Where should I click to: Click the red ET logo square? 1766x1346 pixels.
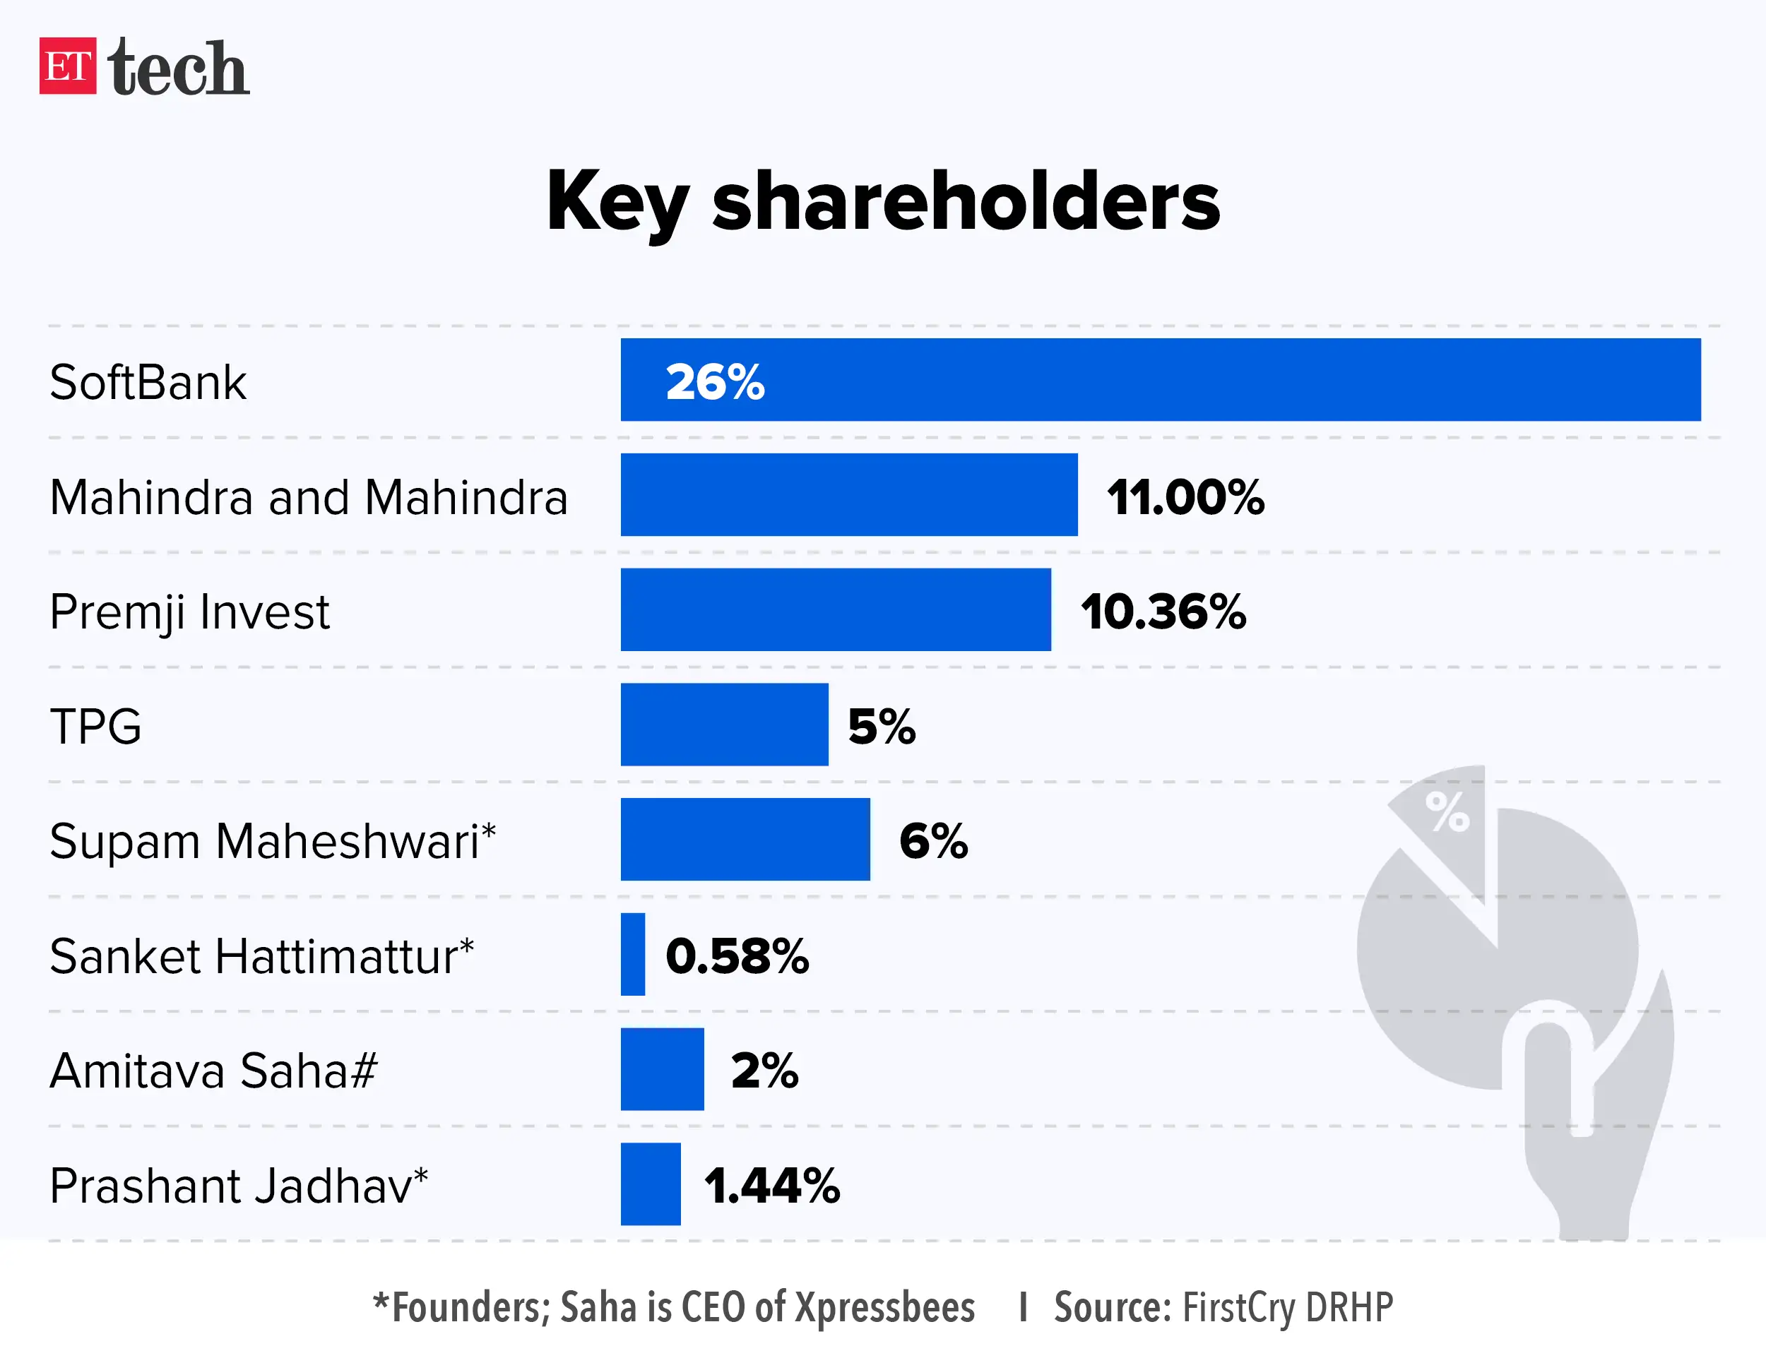(67, 66)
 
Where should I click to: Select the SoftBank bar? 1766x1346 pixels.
(1160, 380)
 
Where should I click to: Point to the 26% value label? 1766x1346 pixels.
(715, 381)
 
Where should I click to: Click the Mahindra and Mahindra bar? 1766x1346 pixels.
(848, 494)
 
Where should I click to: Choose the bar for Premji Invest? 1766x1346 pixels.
(835, 609)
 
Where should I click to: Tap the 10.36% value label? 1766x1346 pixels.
(1163, 612)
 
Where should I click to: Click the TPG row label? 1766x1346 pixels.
(95, 727)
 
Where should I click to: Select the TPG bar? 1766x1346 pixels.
(723, 725)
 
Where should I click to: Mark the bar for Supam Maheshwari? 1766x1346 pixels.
(745, 839)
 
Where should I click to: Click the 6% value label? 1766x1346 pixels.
(933, 841)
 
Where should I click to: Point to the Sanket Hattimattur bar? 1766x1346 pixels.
(632, 954)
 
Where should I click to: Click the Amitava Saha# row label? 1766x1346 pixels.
(213, 1071)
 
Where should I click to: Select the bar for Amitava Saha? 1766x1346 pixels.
(662, 1068)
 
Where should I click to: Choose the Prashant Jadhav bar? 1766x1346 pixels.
(650, 1184)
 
